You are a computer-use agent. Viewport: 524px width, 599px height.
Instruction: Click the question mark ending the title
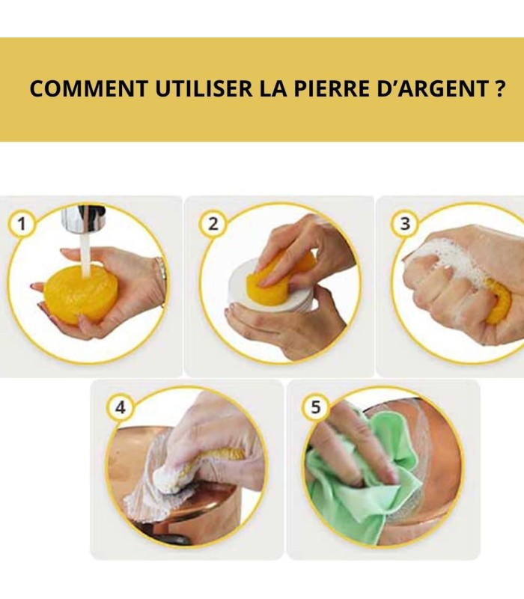(x=499, y=89)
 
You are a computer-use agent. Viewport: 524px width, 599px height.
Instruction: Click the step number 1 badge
(x=22, y=223)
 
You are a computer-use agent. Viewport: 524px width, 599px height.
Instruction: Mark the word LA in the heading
(x=272, y=89)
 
